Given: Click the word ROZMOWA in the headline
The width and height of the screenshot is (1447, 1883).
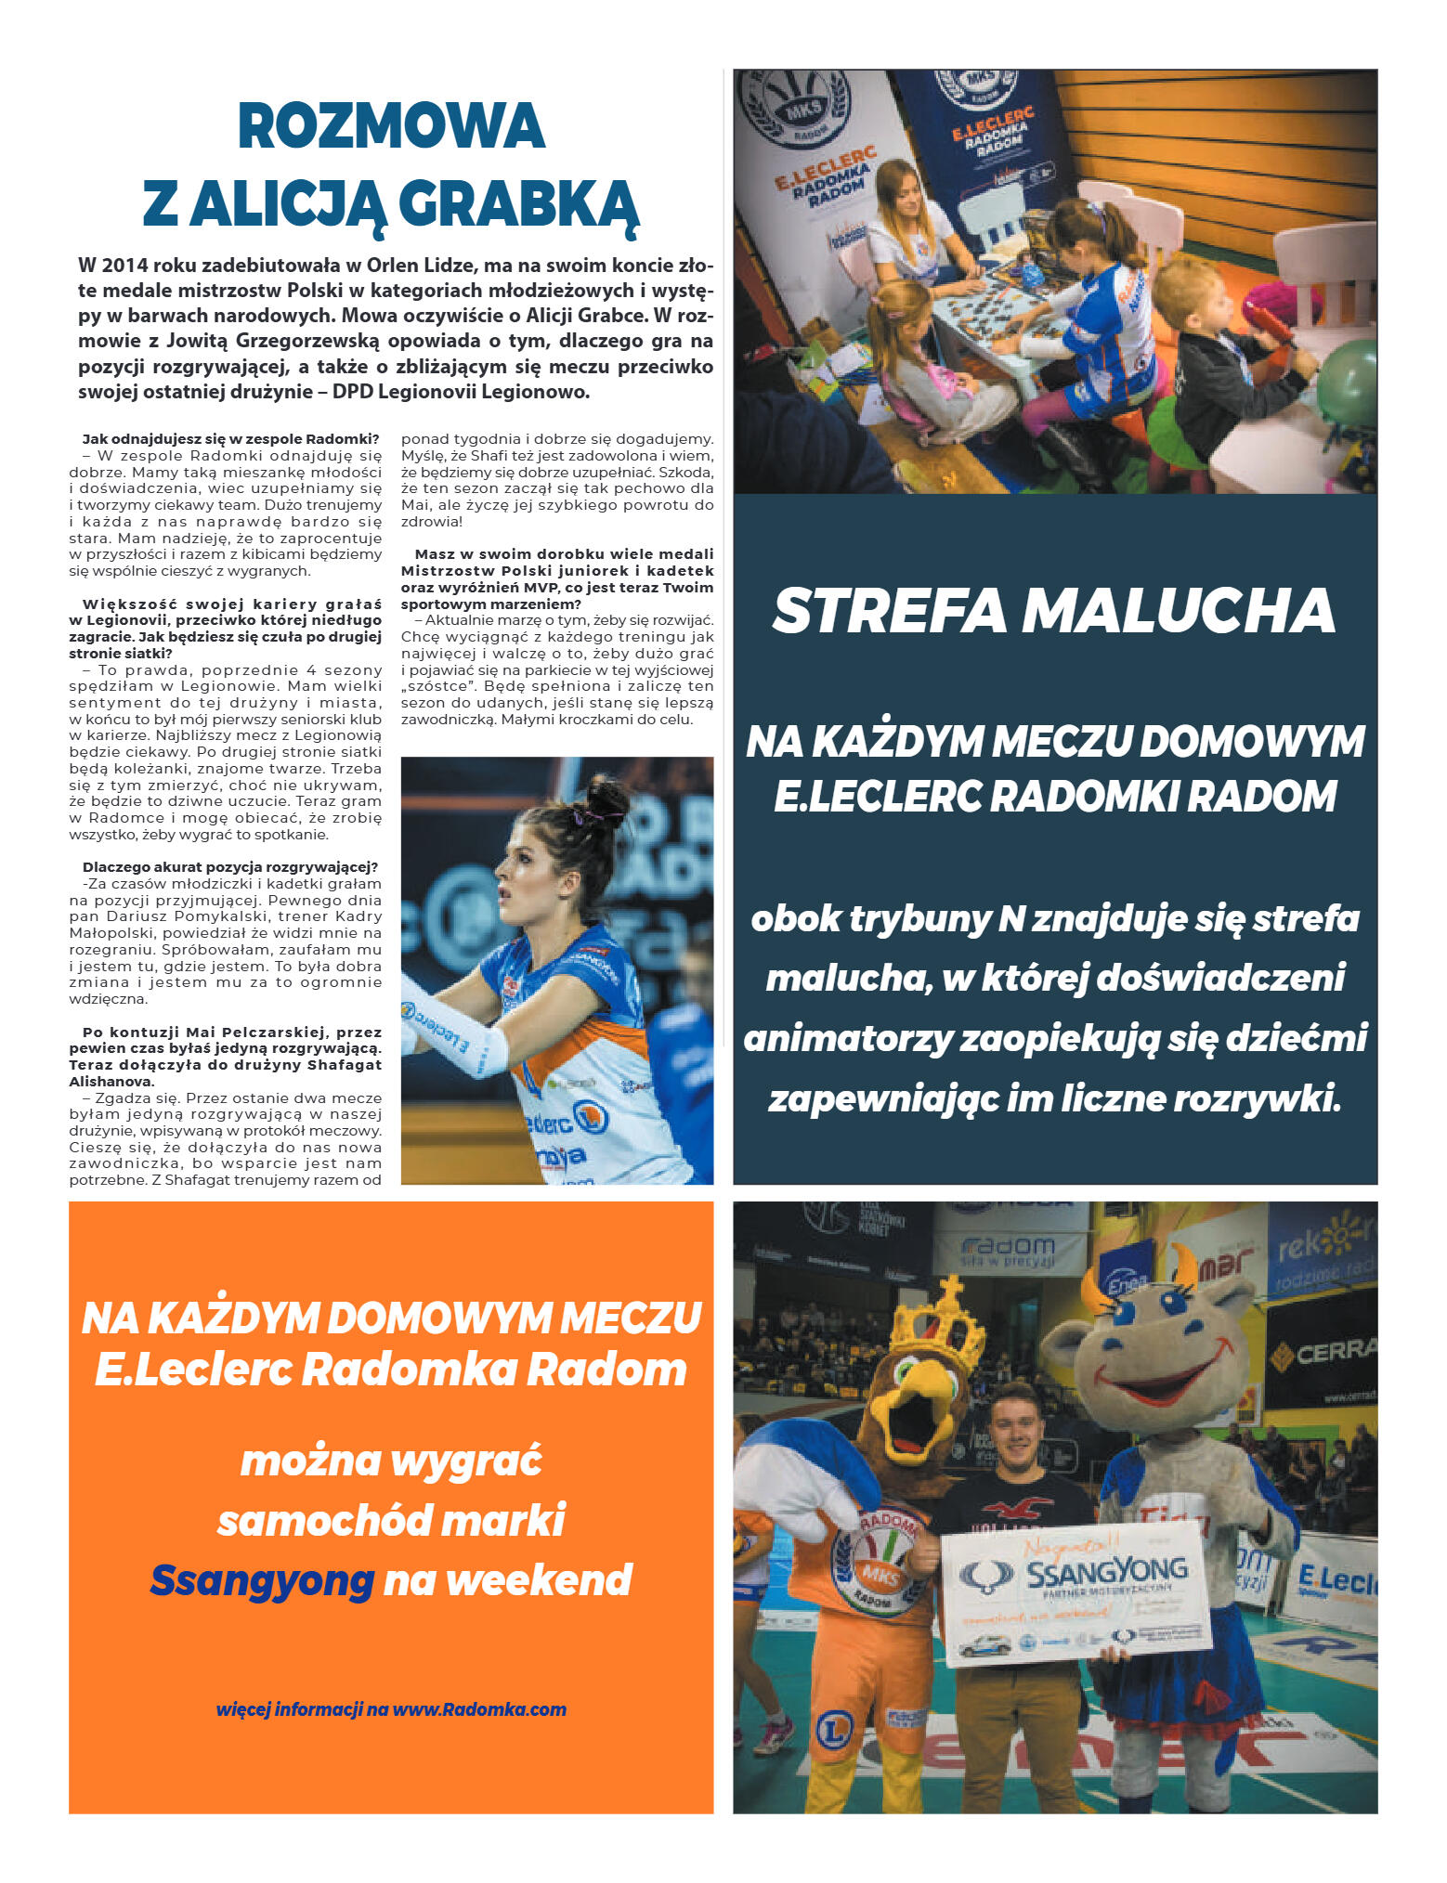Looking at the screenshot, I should [391, 126].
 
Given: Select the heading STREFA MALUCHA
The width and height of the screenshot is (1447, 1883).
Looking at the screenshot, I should [1053, 611].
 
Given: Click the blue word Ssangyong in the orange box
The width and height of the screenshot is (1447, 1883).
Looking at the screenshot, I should [262, 1579].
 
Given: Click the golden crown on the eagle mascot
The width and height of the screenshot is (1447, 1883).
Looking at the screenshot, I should [936, 1319].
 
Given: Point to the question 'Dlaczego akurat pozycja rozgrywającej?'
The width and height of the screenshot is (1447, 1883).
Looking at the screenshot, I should [230, 867].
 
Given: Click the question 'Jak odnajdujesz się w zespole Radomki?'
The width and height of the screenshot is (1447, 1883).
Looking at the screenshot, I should [230, 438].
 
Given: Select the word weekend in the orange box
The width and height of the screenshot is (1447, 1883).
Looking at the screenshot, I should [508, 1579].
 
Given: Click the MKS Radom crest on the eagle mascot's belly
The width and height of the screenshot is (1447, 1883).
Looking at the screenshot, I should [873, 1562].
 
